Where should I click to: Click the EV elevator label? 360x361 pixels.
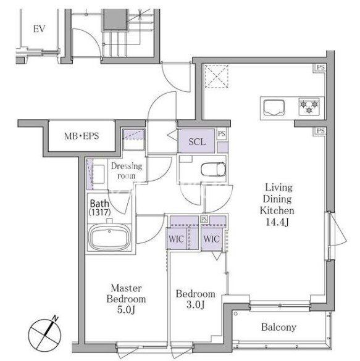39,29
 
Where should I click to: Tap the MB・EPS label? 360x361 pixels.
82,136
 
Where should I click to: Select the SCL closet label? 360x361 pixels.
197,141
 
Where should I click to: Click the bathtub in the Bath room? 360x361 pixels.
109,238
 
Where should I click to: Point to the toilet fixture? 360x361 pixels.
213,170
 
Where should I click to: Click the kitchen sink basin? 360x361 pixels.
274,107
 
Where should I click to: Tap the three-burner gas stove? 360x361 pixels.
309,107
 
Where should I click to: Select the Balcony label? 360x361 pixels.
278,327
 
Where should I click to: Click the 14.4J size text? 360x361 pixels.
277,222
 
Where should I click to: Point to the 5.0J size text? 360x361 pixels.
126,310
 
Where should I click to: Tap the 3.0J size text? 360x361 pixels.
195,305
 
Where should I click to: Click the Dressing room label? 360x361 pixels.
127,170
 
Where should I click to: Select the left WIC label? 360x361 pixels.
176,239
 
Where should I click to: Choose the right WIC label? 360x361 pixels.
211,239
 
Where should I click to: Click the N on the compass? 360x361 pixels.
55,318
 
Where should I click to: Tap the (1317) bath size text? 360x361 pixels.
100,212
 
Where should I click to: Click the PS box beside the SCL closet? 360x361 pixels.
222,133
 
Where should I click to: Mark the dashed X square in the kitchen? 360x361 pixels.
217,76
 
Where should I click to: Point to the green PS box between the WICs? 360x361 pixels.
204,219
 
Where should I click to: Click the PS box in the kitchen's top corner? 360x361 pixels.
320,68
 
